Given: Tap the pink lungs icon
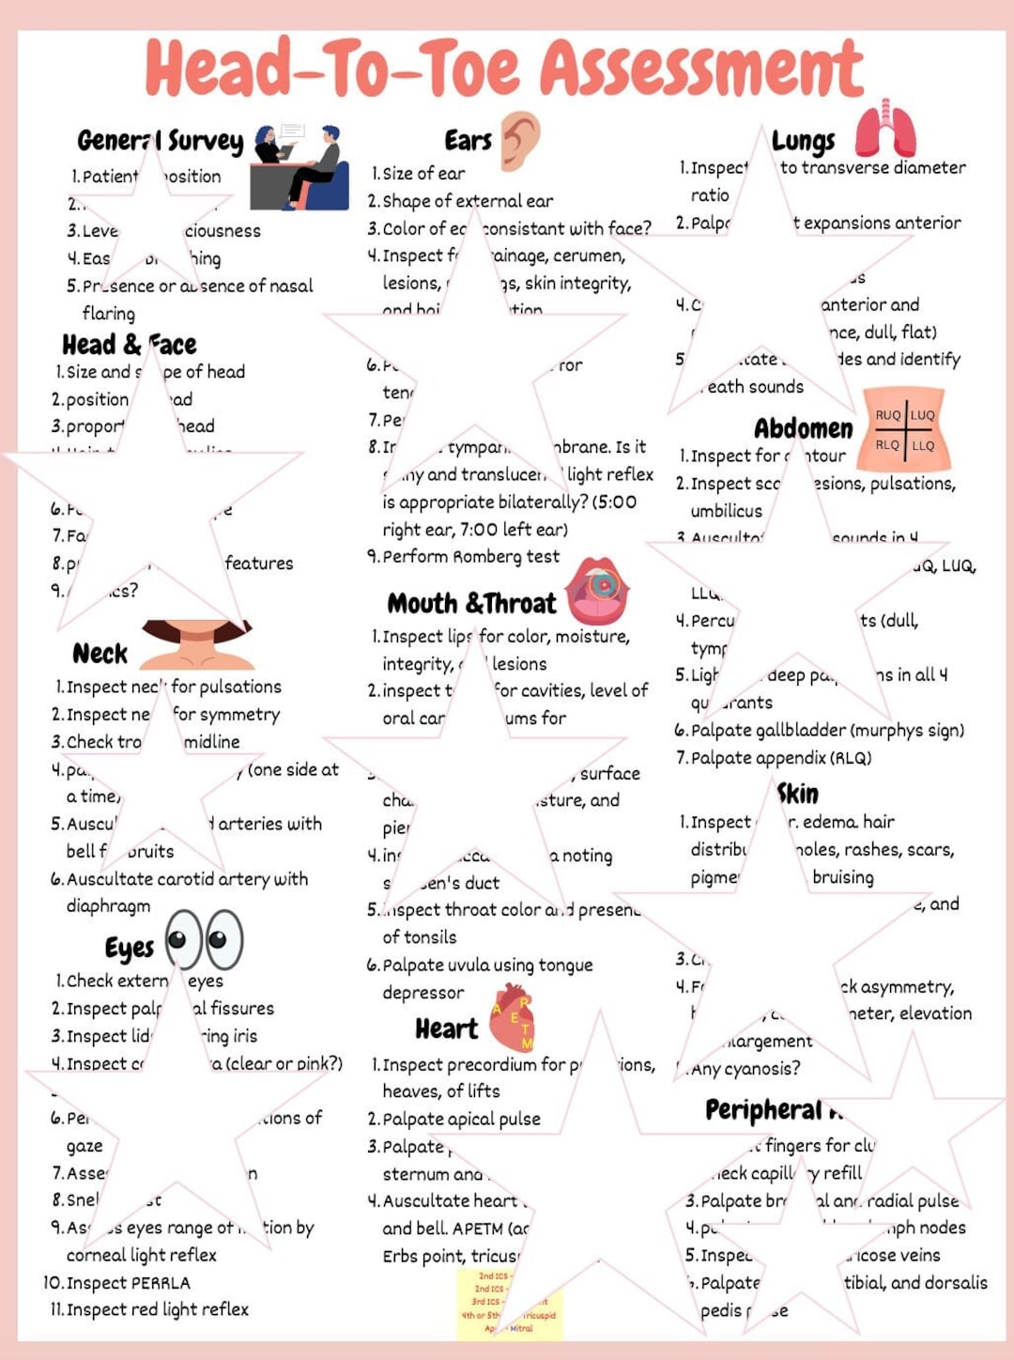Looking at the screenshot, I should click(x=884, y=131).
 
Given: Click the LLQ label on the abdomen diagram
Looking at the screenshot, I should click(x=923, y=445).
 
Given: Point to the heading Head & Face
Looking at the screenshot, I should click(x=129, y=345).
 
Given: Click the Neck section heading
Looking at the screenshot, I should click(x=100, y=654).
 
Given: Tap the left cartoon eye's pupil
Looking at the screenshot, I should click(x=177, y=939).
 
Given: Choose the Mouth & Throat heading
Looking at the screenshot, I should click(x=471, y=603).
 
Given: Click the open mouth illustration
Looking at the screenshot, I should click(x=599, y=589).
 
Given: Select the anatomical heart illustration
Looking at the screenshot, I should click(x=513, y=1016).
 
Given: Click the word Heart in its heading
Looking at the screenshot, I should click(x=446, y=1029).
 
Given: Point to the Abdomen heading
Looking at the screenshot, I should click(x=804, y=429).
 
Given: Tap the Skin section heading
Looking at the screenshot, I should click(x=797, y=794).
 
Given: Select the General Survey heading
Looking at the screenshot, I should click(x=160, y=141).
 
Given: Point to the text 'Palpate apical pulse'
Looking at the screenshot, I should click(x=460, y=1120).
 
